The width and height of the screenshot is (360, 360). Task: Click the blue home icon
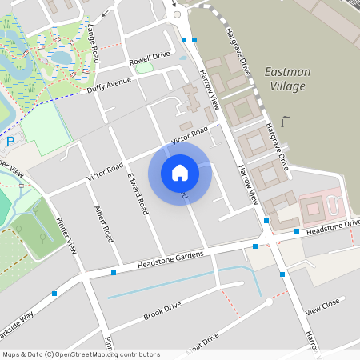point(180,173)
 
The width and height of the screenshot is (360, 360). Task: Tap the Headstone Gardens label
point(170,258)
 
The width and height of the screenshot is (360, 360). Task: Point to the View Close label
point(322,306)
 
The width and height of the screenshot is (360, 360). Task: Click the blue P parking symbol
point(10,142)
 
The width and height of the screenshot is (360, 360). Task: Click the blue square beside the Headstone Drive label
point(296,231)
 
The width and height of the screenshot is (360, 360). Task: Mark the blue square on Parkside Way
point(54,294)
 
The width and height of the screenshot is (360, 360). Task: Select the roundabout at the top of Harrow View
point(178,14)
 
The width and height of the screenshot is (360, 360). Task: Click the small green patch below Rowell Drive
point(144,68)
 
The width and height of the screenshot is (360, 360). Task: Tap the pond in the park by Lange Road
point(61,57)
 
